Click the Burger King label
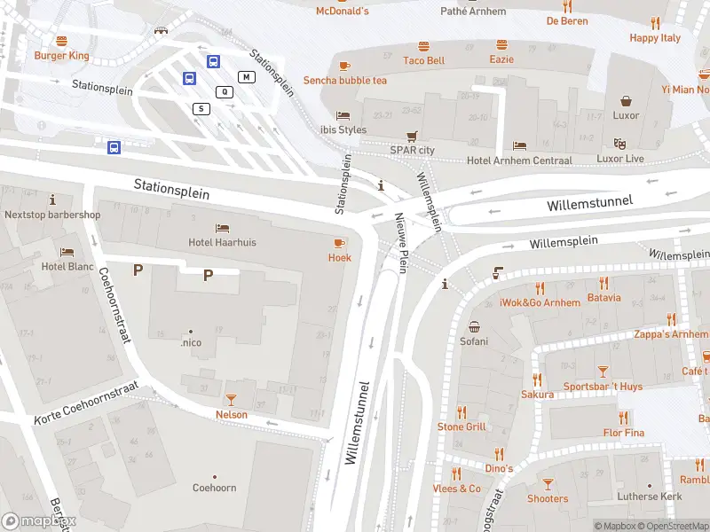point(62,55)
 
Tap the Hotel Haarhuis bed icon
point(222,228)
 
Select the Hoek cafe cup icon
point(340,243)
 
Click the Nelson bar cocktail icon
point(232,400)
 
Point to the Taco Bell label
point(423,60)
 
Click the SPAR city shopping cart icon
point(412,137)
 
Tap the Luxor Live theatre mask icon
point(620,144)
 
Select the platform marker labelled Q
point(225,91)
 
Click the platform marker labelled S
point(201,108)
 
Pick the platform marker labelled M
point(246,77)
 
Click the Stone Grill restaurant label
point(461,426)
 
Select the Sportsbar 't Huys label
point(603,387)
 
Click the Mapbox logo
point(38,521)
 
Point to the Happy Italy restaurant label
point(655,38)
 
